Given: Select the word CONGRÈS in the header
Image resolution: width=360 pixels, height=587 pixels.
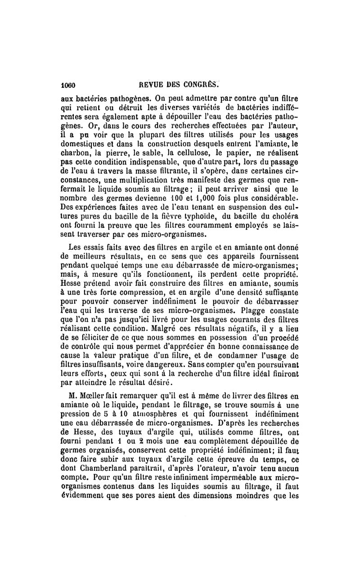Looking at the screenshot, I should pyautogui.click(x=199, y=84).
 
